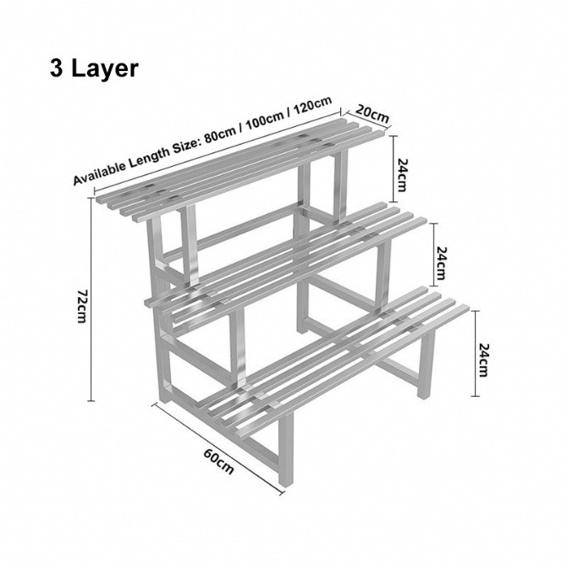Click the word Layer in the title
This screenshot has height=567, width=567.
tap(106, 68)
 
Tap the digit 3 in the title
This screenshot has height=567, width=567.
tap(58, 68)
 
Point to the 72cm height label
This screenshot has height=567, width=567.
tap(82, 305)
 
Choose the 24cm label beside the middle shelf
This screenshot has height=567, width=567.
tap(441, 263)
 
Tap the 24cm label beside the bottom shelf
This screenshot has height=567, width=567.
tap(482, 360)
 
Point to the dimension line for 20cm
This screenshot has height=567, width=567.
tap(366, 119)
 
